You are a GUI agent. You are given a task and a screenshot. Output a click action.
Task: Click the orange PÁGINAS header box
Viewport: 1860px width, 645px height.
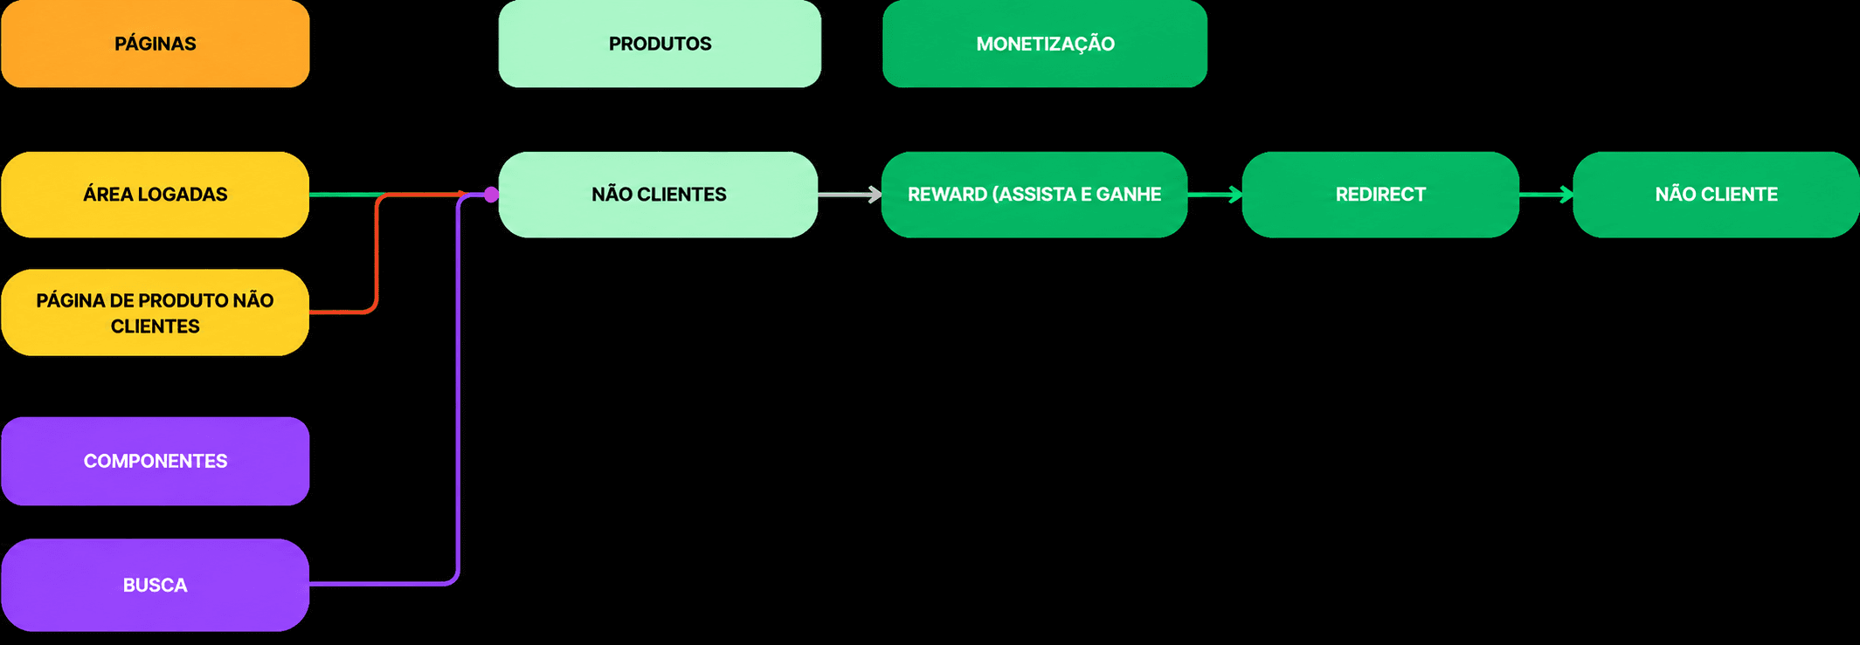156,44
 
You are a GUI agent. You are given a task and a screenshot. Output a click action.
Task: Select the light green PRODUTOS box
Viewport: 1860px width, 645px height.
660,44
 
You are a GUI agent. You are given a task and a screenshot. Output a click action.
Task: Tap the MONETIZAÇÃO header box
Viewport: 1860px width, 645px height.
1045,44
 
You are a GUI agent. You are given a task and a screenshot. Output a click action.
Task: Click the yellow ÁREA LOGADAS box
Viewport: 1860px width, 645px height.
156,195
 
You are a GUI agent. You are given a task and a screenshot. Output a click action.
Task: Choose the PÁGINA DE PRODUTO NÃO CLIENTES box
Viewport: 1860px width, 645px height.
156,312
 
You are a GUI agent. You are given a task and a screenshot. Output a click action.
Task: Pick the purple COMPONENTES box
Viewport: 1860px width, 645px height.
156,461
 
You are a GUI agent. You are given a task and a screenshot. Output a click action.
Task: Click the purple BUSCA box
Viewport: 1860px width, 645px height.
156,585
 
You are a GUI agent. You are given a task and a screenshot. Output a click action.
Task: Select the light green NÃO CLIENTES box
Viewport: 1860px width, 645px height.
659,195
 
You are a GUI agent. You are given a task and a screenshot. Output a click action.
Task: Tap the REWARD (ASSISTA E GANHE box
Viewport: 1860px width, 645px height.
1034,195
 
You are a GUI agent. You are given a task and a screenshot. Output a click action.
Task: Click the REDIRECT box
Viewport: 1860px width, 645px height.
1380,195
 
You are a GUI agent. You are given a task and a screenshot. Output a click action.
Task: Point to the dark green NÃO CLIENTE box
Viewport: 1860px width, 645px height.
1716,195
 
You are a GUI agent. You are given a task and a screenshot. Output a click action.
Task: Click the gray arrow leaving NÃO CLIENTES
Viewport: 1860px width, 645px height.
850,195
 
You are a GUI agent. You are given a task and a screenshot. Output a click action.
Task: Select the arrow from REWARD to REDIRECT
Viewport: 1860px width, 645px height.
1215,195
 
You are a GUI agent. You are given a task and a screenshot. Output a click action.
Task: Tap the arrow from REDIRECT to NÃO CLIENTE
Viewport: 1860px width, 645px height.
1546,195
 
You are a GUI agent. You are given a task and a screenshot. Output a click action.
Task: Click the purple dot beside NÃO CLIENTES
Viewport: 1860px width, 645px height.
492,195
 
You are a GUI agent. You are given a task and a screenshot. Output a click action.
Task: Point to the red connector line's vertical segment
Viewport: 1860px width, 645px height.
377,253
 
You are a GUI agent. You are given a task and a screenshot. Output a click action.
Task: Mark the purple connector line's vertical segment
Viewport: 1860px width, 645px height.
459,388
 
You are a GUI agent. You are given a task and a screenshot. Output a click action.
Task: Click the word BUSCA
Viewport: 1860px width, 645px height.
156,585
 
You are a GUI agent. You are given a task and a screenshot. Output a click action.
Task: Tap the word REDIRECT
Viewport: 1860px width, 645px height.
1380,195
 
